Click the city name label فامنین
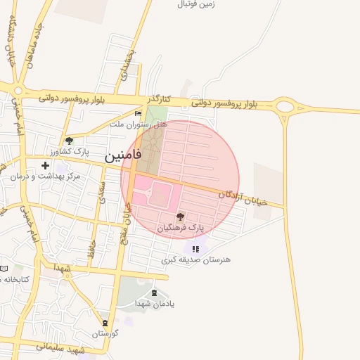(124, 156)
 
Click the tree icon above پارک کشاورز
(68, 141)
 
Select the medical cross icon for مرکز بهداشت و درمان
(46, 166)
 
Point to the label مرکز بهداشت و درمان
(46, 176)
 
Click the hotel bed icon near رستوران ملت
(138, 113)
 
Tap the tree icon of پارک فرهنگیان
(181, 217)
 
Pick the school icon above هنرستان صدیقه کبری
(195, 249)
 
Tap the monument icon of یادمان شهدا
(155, 292)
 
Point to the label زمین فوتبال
(195, 4)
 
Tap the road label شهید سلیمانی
(60, 349)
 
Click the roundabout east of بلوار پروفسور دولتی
(285, 107)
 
